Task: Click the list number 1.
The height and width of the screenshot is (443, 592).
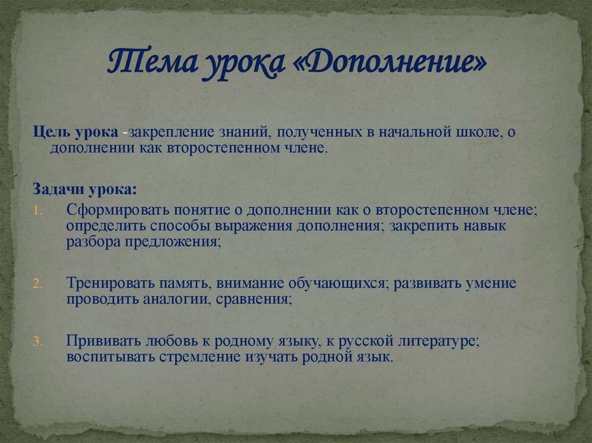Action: [x=37, y=211]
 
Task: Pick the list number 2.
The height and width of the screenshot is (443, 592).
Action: [x=37, y=285]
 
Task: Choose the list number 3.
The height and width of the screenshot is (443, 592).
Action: [x=37, y=341]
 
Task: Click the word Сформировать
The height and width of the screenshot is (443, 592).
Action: [x=110, y=210]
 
